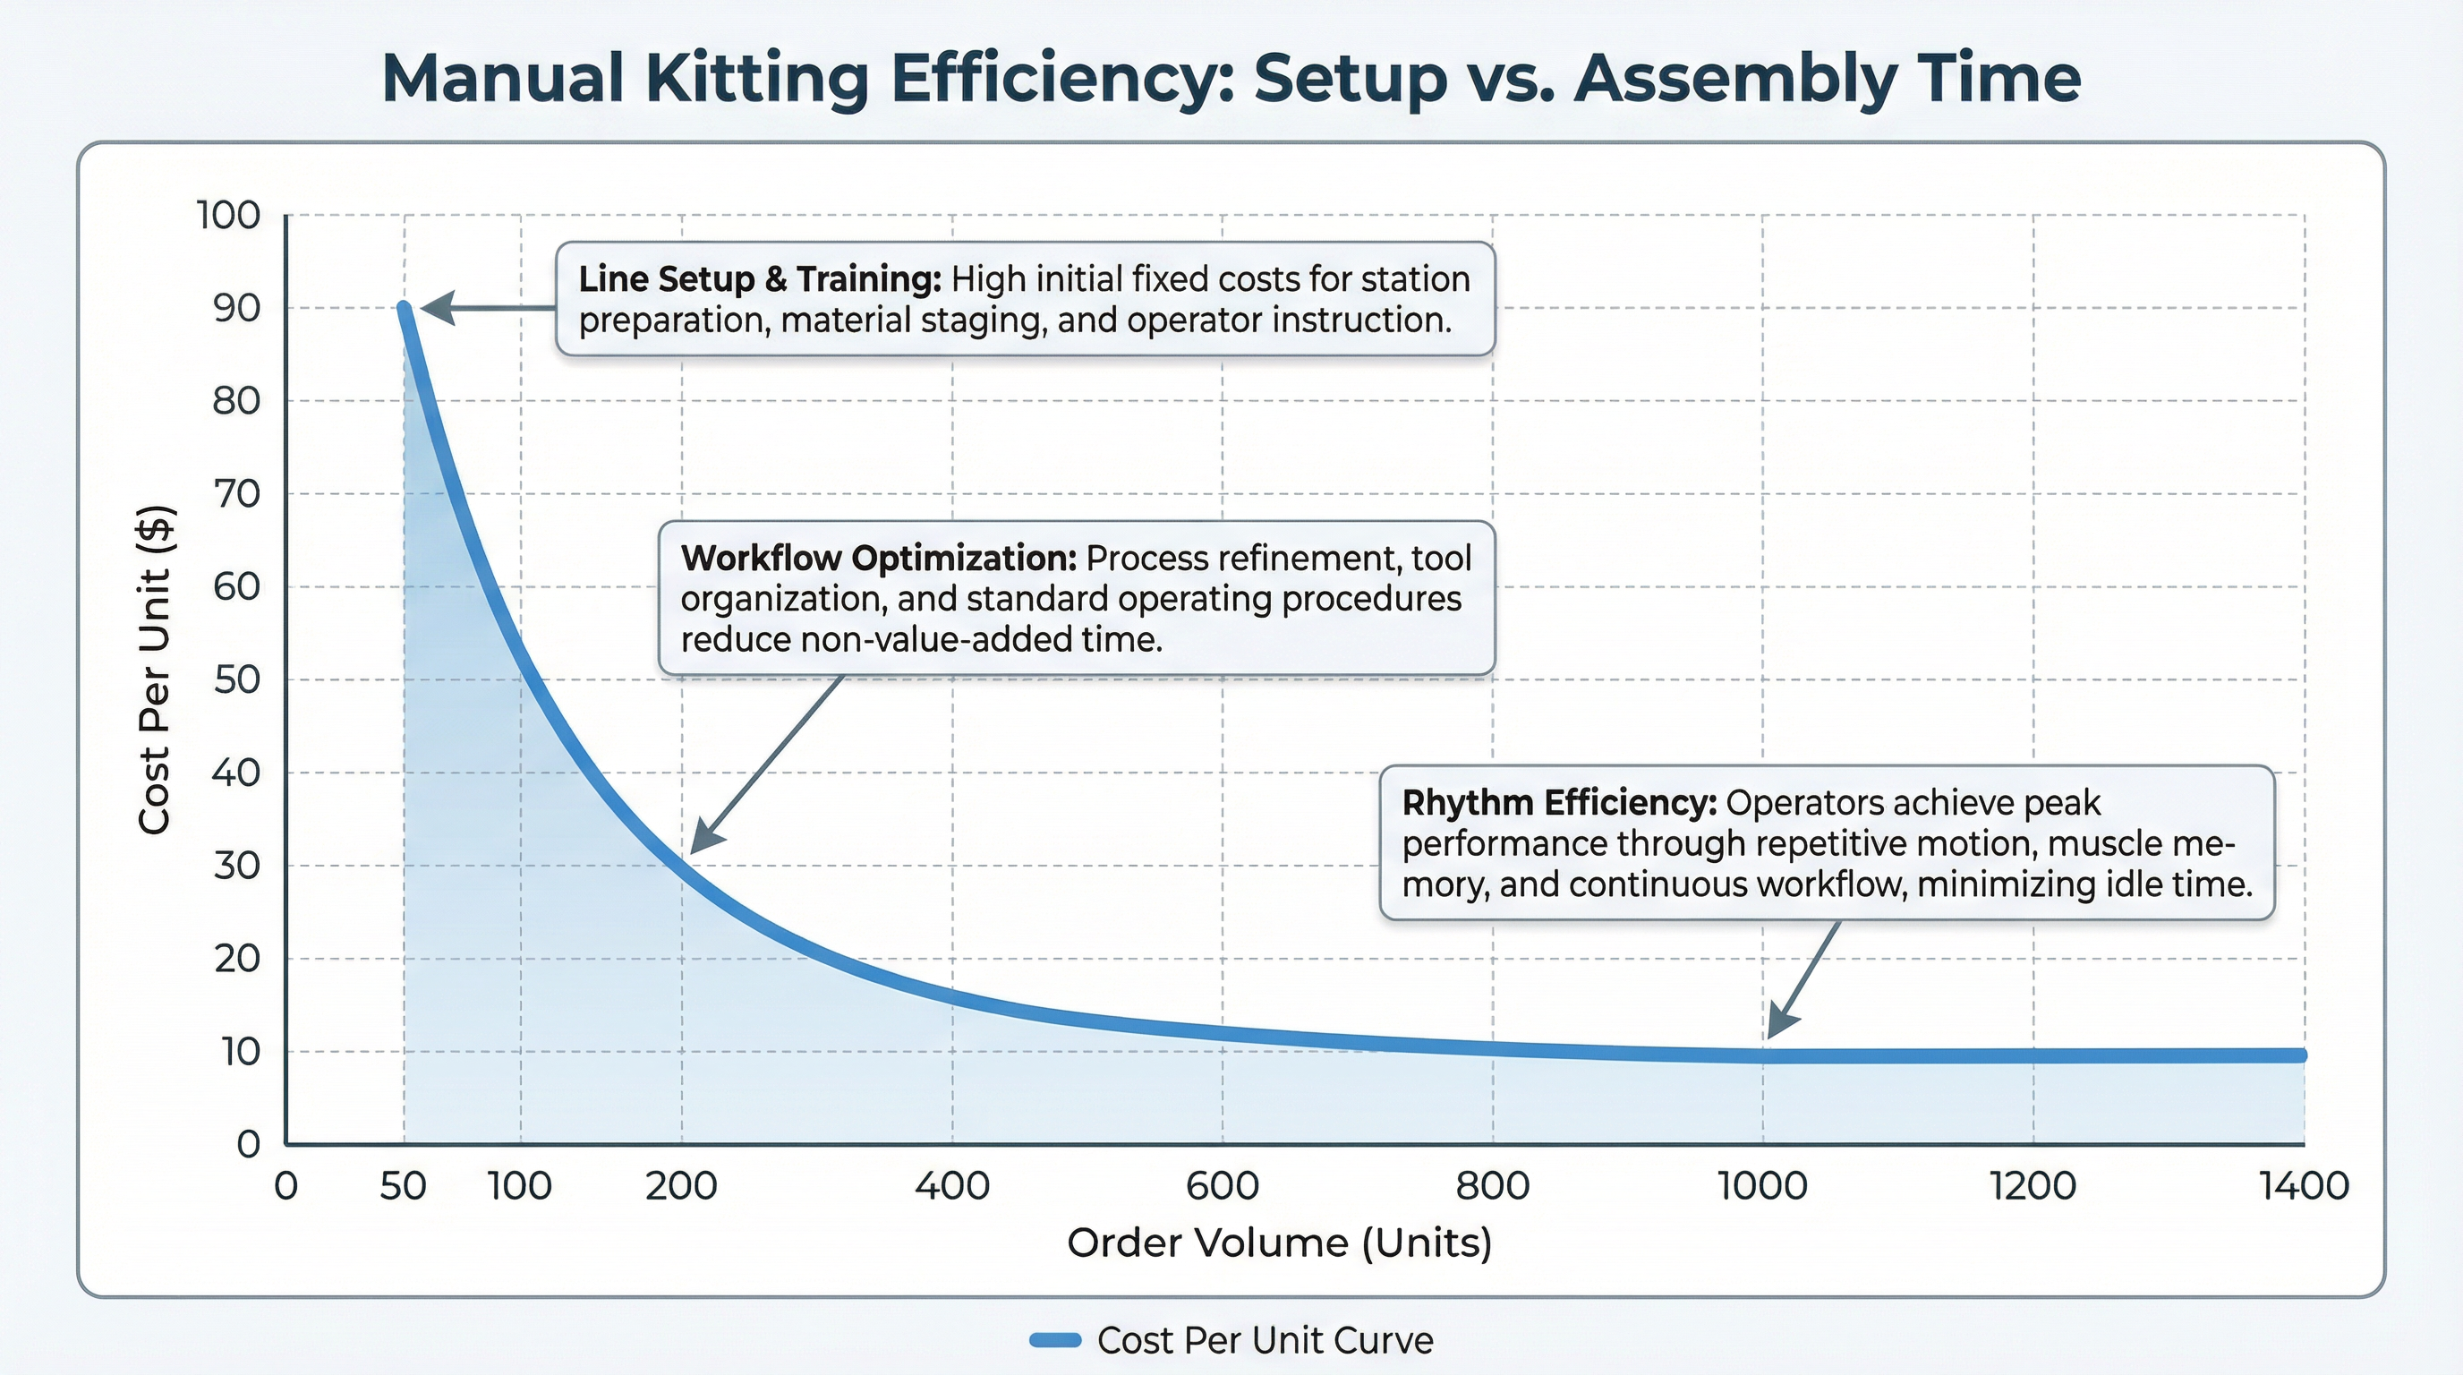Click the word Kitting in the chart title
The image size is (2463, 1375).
coord(756,79)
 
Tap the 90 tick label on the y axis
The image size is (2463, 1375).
coord(236,308)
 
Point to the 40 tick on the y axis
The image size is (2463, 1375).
coord(236,773)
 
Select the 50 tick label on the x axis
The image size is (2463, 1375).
coord(403,1187)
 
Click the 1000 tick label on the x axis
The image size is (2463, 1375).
coord(1762,1187)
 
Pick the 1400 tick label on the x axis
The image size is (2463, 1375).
coord(2304,1187)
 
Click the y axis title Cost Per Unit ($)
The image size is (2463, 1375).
coord(155,670)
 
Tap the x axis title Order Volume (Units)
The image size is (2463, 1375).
coord(1279,1243)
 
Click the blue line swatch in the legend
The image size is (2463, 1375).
coord(1054,1341)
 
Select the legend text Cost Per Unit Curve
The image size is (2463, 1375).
coord(1265,1341)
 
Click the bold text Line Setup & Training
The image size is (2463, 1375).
coord(759,279)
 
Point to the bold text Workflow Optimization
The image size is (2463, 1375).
coord(879,559)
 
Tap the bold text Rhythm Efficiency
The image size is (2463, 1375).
coord(1558,803)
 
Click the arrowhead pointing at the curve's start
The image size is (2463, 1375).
coord(436,309)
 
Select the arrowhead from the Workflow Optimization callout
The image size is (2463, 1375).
coord(704,838)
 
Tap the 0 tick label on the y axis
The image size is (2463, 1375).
coord(248,1144)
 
